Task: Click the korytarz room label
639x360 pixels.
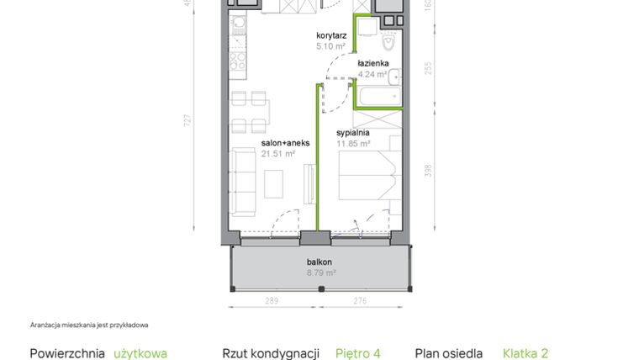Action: point(332,35)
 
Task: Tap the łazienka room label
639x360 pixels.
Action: point(372,63)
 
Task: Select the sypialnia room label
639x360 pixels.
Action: point(353,133)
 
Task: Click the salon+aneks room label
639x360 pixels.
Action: point(285,143)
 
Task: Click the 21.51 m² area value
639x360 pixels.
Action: point(277,154)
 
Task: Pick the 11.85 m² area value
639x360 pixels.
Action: point(353,144)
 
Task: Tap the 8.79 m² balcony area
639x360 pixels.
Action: point(321,273)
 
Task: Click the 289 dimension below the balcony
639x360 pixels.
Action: point(272,300)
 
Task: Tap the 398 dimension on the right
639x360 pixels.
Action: point(428,171)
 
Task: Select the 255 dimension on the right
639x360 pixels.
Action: point(428,69)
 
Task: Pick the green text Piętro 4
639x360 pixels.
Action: point(363,354)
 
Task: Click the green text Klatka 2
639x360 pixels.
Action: point(525,354)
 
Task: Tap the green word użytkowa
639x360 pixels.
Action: point(140,354)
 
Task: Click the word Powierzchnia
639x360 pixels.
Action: point(67,354)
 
